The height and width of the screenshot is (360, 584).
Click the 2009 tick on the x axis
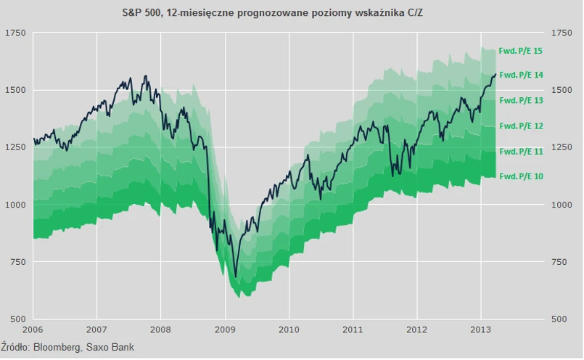pos(225,327)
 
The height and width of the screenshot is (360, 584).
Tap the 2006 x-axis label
pos(33,327)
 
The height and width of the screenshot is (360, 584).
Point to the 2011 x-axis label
pos(353,327)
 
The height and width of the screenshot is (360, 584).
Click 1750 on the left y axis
pos(15,33)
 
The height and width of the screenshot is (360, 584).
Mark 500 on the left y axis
pos(18,319)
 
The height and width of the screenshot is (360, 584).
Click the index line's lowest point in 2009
pos(235,277)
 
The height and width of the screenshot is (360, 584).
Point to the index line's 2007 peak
pos(146,75)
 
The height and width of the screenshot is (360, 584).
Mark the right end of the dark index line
pos(495,74)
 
